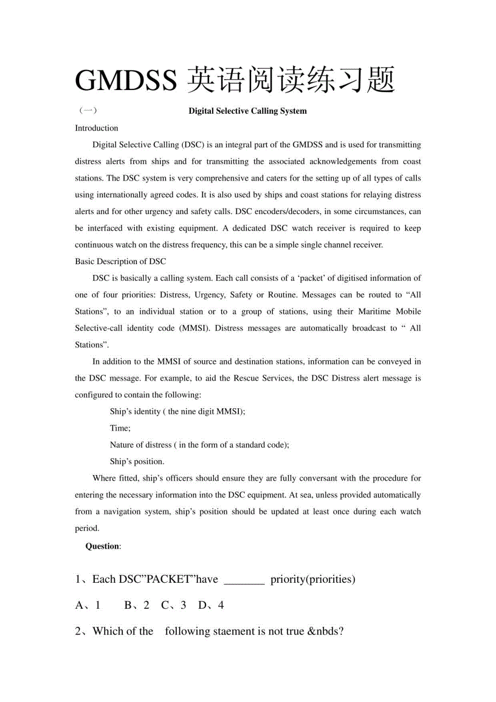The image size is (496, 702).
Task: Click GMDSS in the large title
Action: (x=126, y=80)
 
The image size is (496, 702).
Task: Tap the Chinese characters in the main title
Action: (x=292, y=80)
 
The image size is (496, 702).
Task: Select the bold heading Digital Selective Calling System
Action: (x=247, y=111)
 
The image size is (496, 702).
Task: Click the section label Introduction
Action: (x=97, y=128)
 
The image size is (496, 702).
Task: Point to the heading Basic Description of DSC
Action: (x=120, y=262)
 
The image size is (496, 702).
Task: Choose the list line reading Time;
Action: (x=120, y=428)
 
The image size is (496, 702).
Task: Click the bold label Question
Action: (x=103, y=546)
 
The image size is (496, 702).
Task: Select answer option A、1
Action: (x=88, y=605)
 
